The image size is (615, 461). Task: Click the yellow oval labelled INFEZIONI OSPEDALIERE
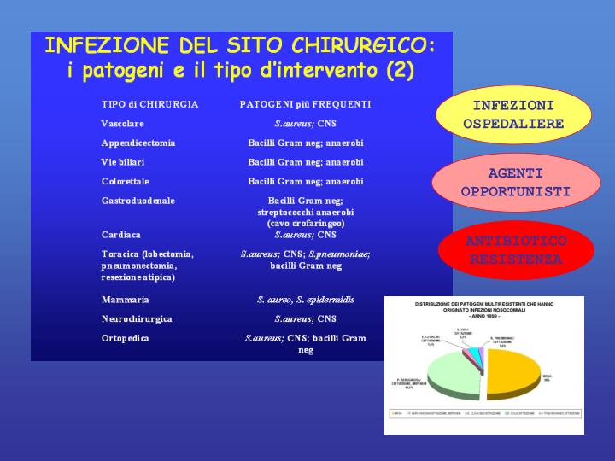[513, 115]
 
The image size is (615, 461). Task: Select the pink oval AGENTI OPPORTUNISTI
[515, 182]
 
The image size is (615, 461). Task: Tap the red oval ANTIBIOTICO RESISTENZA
[515, 250]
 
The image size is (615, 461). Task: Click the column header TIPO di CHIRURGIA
[149, 104]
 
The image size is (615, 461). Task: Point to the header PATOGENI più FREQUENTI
[305, 104]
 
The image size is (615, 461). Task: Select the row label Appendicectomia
[138, 143]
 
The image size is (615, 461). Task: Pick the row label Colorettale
[125, 181]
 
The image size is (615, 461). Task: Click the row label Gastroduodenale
[138, 201]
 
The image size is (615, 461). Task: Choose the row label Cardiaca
[120, 234]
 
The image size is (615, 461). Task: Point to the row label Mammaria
[125, 300]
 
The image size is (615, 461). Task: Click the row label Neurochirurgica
[137, 318]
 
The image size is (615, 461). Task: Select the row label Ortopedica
[125, 338]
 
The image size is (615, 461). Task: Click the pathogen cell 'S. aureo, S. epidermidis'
[305, 300]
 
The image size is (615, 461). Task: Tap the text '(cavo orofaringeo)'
[305, 223]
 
